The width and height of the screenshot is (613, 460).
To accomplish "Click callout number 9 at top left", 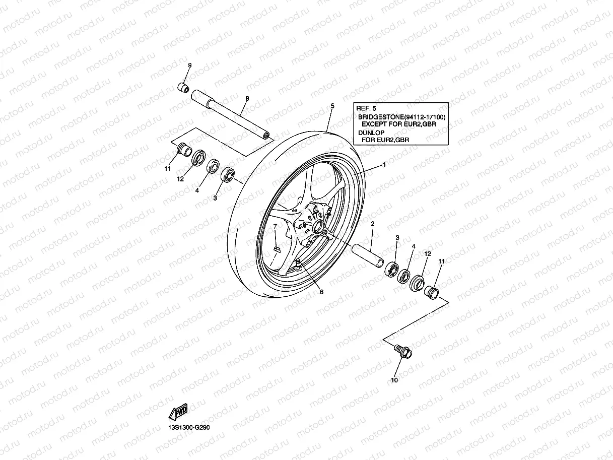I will coord(190,66).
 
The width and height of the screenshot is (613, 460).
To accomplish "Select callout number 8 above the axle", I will coord(247,99).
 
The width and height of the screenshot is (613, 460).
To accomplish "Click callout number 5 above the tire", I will coord(332,106).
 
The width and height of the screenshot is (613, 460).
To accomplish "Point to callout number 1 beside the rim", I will coord(384,165).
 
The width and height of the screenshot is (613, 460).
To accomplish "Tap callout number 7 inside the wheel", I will coord(275,227).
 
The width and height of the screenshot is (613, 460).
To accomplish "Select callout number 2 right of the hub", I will coord(372,223).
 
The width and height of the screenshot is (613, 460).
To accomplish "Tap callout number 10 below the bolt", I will coord(394,380).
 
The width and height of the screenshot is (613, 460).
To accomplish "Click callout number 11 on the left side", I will coord(168,169).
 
